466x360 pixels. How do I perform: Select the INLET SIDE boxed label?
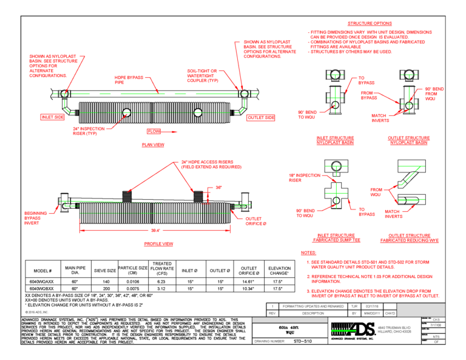53,117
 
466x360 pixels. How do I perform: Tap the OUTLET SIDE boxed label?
261,117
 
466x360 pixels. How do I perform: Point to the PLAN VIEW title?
153,145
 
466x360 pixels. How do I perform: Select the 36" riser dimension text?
217,188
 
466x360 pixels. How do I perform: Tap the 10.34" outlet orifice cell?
249,288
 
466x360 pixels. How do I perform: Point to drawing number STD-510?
298,341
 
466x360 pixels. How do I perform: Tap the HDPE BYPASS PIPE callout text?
128,80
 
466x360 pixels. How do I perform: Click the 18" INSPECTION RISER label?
303,177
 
